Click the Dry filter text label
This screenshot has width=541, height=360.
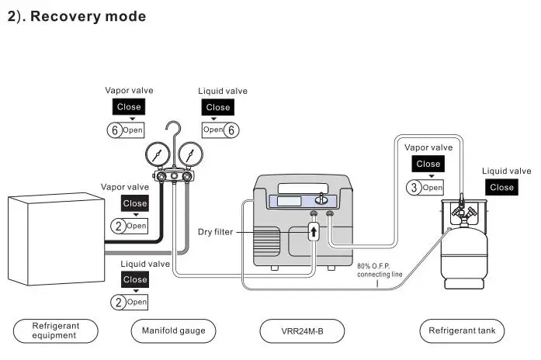coord(215,231)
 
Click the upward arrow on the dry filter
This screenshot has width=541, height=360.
coord(314,231)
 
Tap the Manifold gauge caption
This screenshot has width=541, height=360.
coord(173,331)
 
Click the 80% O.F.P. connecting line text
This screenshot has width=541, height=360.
coord(380,270)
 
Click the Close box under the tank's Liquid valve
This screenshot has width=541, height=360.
coord(501,187)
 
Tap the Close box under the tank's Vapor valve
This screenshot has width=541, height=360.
coord(428,164)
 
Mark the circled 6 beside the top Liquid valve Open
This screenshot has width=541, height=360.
coord(231,130)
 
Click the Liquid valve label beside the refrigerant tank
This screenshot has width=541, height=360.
coord(506,171)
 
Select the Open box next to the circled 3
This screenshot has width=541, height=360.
coord(432,187)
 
